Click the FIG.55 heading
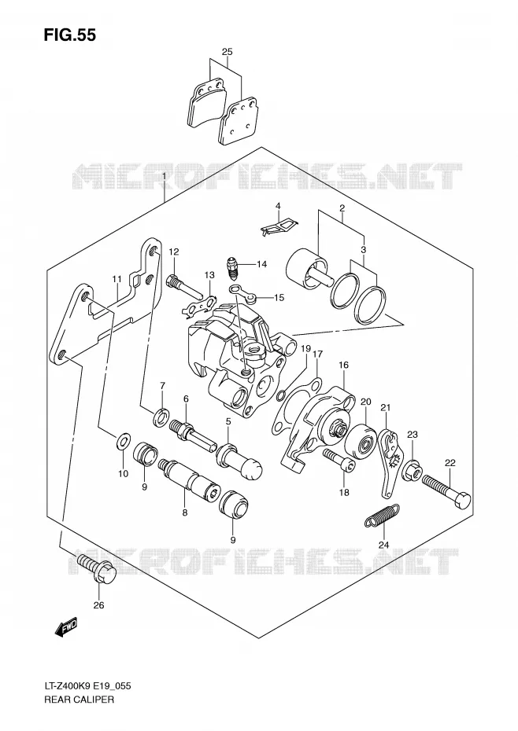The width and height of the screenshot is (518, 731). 69,35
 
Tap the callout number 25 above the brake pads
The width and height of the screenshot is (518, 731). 227,52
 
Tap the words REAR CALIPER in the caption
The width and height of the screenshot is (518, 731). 79,713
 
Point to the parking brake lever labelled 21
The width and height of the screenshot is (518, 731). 389,462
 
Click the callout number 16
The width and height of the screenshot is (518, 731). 344,365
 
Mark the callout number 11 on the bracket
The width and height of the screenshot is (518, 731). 117,279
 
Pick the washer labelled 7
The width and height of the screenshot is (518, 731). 162,416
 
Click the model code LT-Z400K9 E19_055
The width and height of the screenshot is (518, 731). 87,699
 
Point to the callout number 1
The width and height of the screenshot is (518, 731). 164,176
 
